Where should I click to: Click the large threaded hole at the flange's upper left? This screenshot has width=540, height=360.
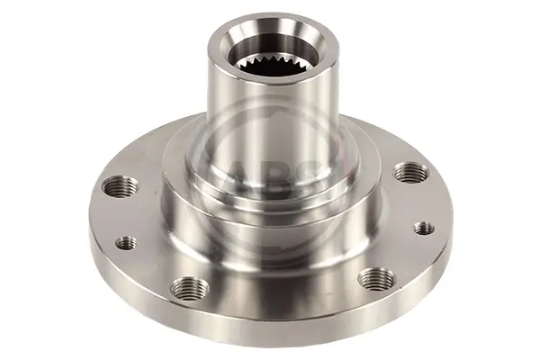(x=121, y=186)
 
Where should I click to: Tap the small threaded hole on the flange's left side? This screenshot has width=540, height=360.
(x=126, y=243)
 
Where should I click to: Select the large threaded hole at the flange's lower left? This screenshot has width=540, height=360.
(x=190, y=288)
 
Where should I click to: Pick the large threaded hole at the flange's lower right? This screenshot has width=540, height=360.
(x=377, y=278)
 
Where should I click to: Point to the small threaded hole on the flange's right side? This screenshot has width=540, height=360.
(x=424, y=228)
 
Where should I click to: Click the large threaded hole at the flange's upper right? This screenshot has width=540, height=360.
(x=411, y=172)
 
